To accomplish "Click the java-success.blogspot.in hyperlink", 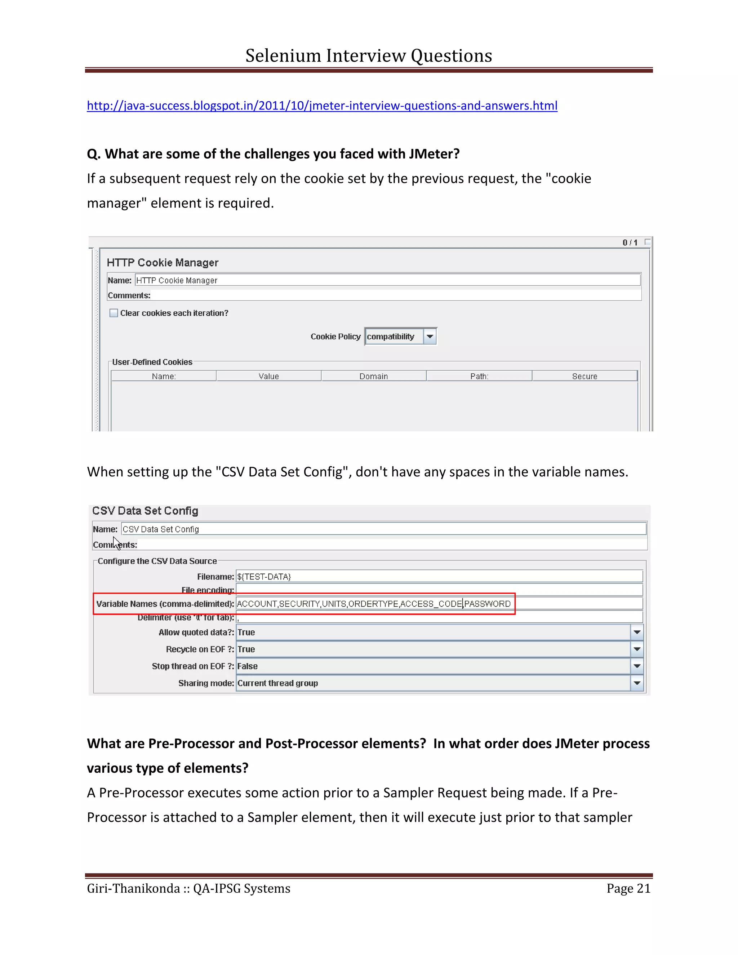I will (x=322, y=106).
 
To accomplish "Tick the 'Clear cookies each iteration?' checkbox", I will (x=114, y=313).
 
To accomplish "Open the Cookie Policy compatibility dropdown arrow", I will (x=430, y=336).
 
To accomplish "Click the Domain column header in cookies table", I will (x=373, y=376).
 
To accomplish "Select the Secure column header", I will (x=584, y=376).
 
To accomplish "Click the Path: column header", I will (x=479, y=376).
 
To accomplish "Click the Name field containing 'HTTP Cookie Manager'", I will (x=387, y=280).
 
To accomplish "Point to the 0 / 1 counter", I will (x=630, y=242).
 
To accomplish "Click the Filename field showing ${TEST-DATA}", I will (x=439, y=576).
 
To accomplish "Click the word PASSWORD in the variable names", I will (x=488, y=604).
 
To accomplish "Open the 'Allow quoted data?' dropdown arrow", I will (x=637, y=632).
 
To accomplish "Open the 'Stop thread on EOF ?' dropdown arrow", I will (x=637, y=666).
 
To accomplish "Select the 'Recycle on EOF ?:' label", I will (x=200, y=649).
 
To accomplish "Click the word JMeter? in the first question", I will (x=434, y=154).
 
